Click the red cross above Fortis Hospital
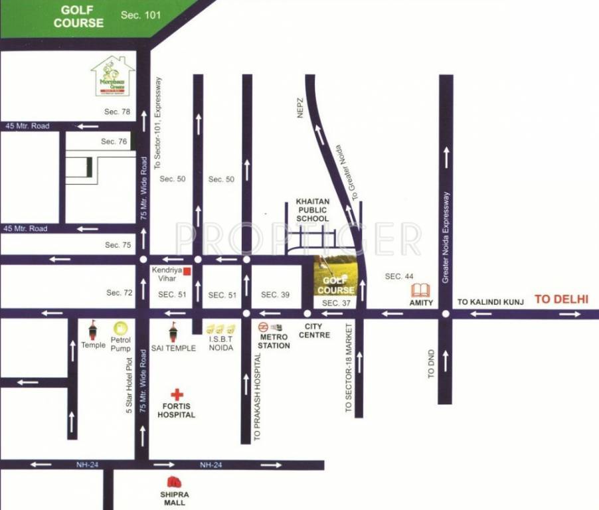click(x=176, y=394)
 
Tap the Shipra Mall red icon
click(x=174, y=483)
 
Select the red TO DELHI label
click(x=562, y=299)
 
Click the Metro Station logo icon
click(x=264, y=327)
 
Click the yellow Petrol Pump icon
click(x=120, y=327)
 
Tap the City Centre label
click(x=314, y=331)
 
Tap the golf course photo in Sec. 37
click(x=335, y=275)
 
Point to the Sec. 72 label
click(x=120, y=293)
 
